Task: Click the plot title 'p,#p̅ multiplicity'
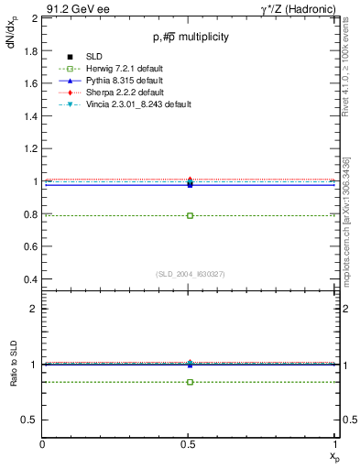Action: point(190,37)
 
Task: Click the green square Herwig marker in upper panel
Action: point(190,215)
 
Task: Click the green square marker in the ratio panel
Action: point(190,381)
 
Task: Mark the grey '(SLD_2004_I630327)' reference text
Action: point(190,274)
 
